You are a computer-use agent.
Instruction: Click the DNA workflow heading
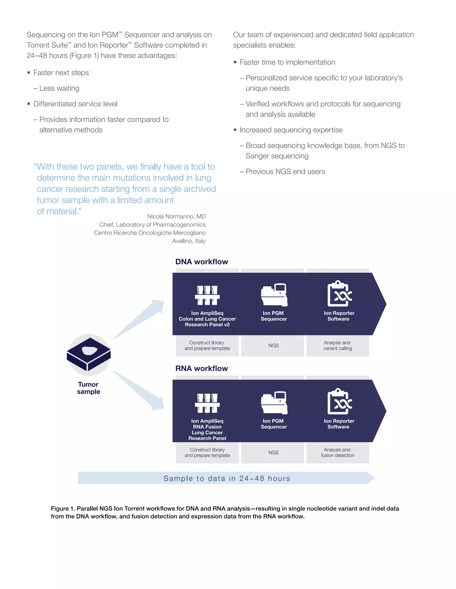click(x=202, y=262)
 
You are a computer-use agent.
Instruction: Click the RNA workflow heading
click(x=202, y=368)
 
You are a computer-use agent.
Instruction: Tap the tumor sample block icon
click(x=89, y=354)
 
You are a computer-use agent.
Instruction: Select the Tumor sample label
click(x=89, y=388)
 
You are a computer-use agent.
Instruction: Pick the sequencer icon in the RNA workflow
click(x=274, y=403)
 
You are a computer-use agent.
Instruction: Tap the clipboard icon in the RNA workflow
click(x=339, y=402)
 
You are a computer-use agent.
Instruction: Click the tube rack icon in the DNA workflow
click(x=207, y=295)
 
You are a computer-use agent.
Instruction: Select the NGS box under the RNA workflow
click(x=273, y=453)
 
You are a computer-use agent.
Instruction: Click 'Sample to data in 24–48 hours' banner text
click(x=227, y=479)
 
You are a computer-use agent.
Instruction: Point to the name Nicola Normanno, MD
click(x=176, y=216)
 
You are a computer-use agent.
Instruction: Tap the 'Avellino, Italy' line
click(x=189, y=241)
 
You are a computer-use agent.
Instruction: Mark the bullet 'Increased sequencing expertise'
click(x=291, y=130)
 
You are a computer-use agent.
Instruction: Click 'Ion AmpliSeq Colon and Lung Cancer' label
click(x=207, y=316)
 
